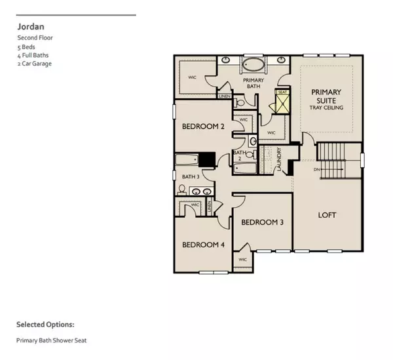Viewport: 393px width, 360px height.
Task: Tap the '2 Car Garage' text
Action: pos(34,64)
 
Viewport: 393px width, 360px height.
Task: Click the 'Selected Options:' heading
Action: pos(45,324)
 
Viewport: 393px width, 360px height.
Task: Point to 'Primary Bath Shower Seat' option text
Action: pos(52,340)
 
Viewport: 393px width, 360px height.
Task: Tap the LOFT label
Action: pos(327,214)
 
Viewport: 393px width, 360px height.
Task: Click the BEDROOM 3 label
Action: pos(262,222)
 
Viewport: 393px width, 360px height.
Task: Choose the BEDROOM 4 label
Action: pos(203,245)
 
